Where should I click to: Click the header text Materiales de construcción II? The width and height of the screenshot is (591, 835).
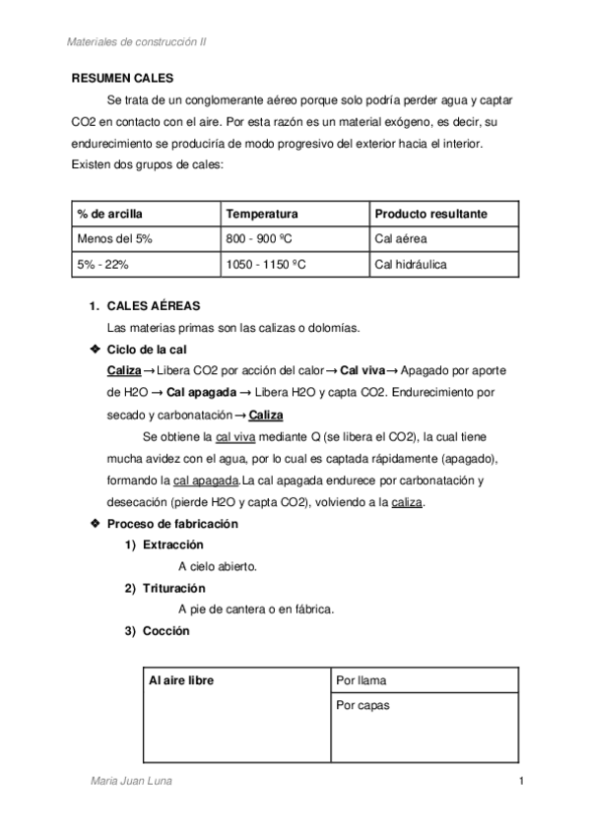pyautogui.click(x=135, y=42)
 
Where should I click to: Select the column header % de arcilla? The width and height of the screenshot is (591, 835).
pyautogui.click(x=111, y=215)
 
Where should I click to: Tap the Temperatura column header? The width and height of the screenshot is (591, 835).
pyautogui.click(x=262, y=215)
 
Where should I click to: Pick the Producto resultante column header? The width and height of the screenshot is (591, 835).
pyautogui.click(x=430, y=215)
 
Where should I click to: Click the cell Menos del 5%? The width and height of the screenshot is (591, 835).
pyautogui.click(x=114, y=239)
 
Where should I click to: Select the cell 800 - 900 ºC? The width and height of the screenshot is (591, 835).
pyautogui.click(x=264, y=239)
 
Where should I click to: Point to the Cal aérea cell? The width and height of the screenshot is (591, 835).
pyautogui.click(x=401, y=239)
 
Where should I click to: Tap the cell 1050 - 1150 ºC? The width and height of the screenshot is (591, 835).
pyautogui.click(x=271, y=265)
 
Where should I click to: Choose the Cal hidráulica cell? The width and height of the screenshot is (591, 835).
pyautogui.click(x=411, y=265)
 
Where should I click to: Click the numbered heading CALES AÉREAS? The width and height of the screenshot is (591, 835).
pyautogui.click(x=153, y=307)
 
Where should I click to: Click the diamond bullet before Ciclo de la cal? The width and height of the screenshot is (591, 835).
pyautogui.click(x=95, y=350)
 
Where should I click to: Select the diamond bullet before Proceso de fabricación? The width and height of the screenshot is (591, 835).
pyautogui.click(x=95, y=525)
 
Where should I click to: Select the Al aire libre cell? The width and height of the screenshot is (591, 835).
pyautogui.click(x=182, y=680)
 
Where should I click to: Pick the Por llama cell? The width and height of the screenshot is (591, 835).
pyautogui.click(x=361, y=680)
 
